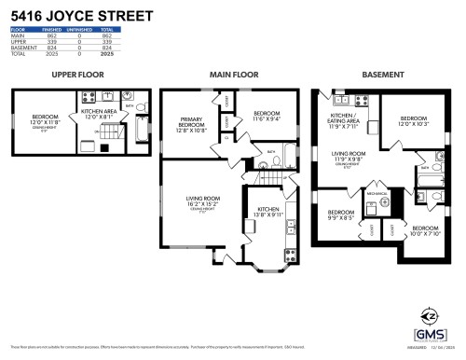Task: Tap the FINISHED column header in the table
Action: pos(51,30)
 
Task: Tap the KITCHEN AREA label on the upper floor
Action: pos(97,113)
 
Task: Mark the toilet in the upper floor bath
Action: pos(144,119)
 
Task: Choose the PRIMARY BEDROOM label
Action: pos(198,123)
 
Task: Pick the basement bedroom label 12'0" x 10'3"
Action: pos(414,121)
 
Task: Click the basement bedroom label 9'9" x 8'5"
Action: pos(340,215)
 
